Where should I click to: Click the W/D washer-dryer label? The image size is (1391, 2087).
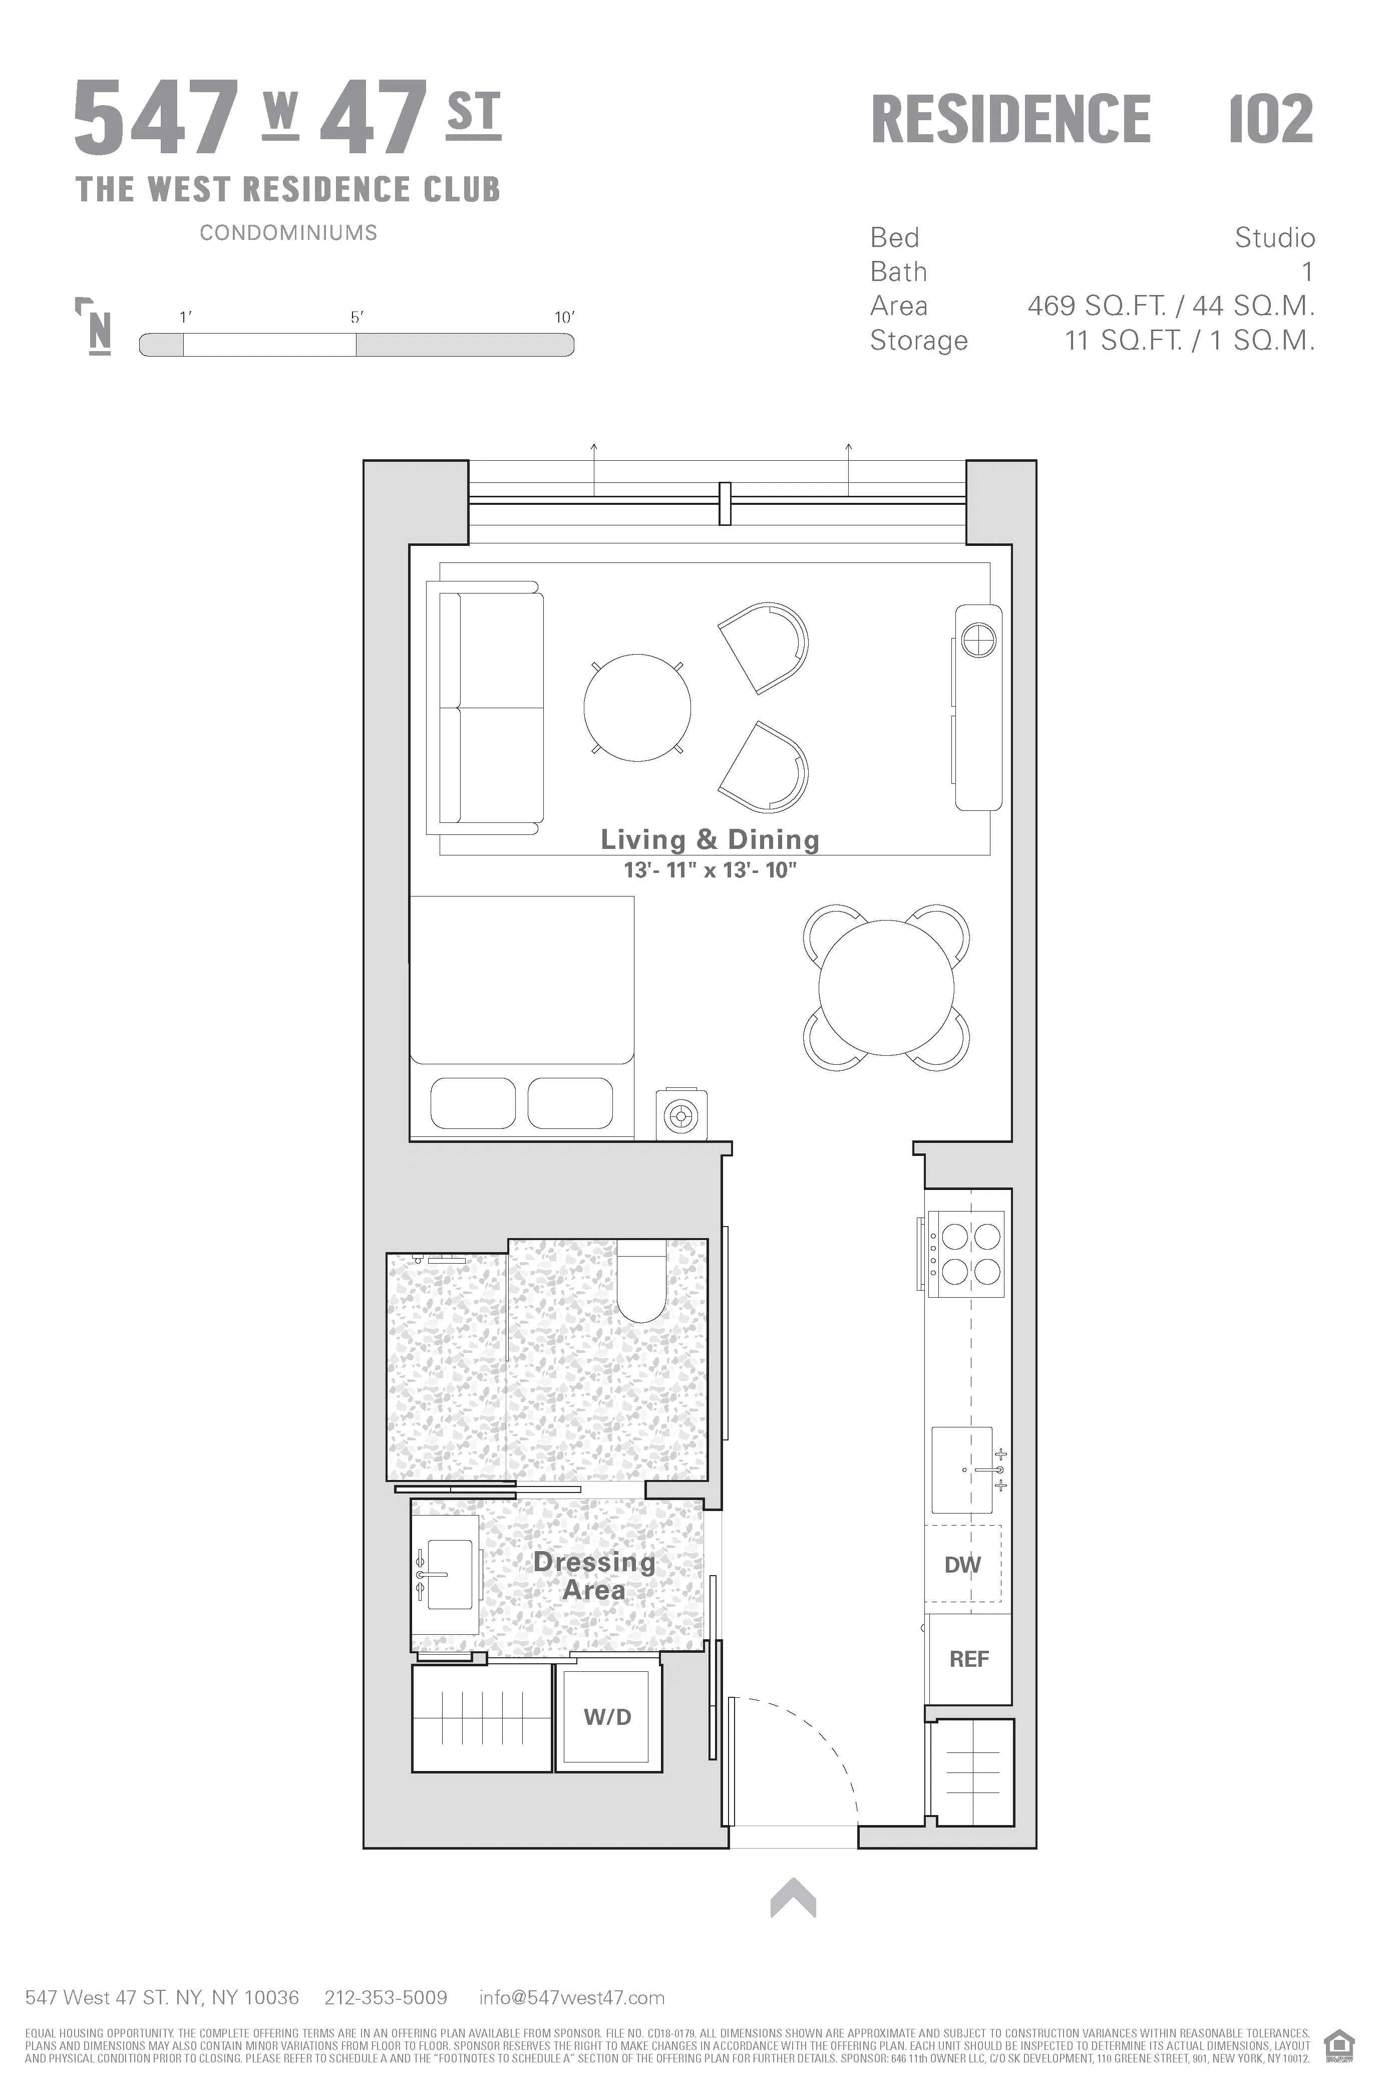(608, 1717)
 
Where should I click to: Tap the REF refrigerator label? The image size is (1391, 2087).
(969, 1659)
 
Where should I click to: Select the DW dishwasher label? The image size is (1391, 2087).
(962, 1565)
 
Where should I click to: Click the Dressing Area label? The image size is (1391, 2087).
(594, 1576)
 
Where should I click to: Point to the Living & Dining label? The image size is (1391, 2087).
(710, 839)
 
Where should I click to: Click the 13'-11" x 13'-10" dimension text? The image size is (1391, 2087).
(710, 870)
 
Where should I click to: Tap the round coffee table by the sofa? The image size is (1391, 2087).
(637, 707)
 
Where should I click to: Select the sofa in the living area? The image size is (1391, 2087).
(486, 707)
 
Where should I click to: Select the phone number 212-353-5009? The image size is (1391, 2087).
(386, 1997)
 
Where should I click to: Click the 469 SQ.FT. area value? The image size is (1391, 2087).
(1097, 306)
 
